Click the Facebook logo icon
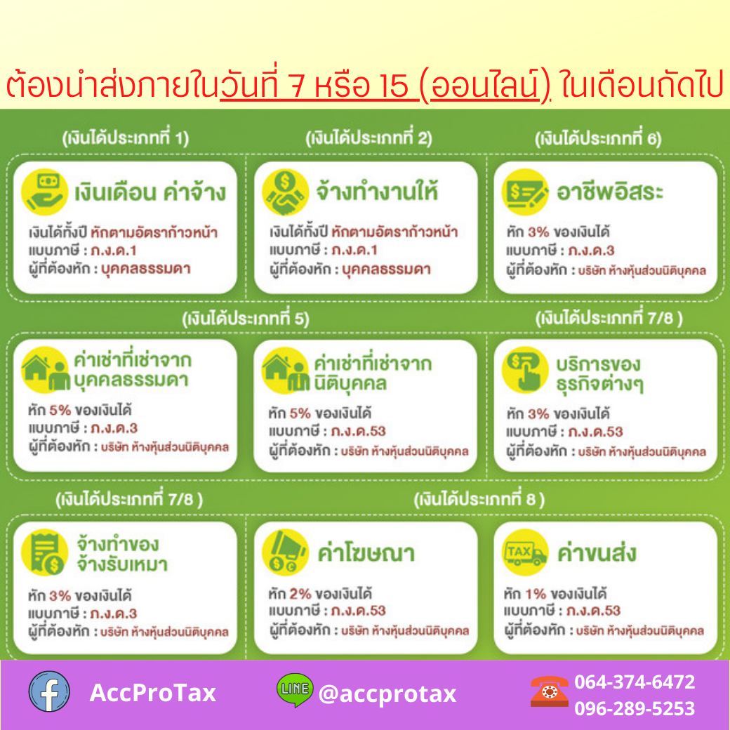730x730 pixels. pos(49,691)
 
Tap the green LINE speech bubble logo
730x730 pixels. pos(295,689)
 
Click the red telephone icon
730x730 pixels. pos(550,691)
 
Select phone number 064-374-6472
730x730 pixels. pos(635,682)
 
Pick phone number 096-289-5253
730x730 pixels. pos(635,708)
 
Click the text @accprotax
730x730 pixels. pos(387,693)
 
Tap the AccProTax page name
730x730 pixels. pos(153,692)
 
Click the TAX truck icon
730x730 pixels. pos(525,552)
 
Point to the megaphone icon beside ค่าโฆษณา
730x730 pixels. pos(285,552)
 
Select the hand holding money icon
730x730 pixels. pos(45,192)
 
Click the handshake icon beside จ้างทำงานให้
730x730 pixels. pos(285,192)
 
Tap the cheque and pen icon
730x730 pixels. pos(525,192)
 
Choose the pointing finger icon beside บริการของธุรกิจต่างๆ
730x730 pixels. pos(525,370)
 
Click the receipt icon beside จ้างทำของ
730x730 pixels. pos(45,552)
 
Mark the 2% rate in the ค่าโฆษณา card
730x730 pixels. pos(300,594)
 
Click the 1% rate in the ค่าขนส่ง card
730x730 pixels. pos(536,594)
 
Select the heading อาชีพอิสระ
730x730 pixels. pos(610,192)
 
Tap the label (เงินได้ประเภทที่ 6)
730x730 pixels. pos(598,138)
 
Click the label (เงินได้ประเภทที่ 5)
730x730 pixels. pos(246,319)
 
